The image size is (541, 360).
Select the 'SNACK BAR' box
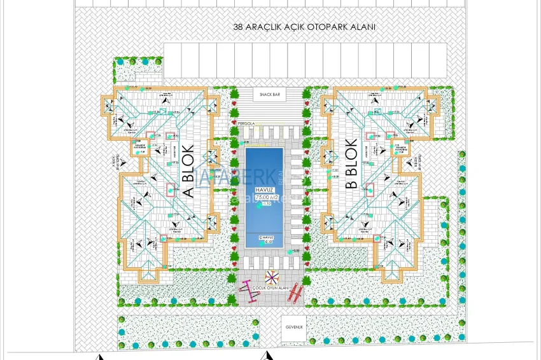[x=270, y=94]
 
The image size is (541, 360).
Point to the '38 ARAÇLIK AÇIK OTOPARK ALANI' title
[x=304, y=27]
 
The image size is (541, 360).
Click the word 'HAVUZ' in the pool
[x=265, y=190]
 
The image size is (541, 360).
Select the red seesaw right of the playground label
[x=295, y=293]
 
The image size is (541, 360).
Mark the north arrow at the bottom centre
[x=270, y=356]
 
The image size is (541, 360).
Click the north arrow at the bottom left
[x=99, y=357]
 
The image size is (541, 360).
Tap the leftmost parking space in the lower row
[x=171, y=58]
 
